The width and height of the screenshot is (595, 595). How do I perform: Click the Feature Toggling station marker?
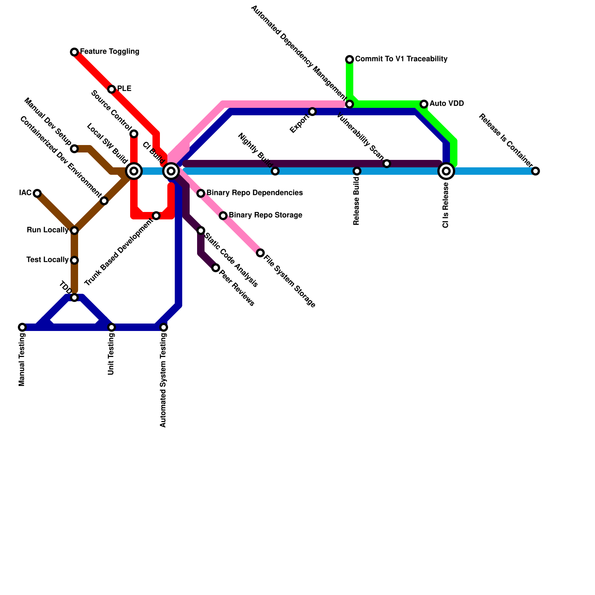(74, 52)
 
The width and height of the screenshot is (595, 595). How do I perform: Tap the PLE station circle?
(112, 89)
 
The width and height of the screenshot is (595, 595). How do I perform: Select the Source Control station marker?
(134, 134)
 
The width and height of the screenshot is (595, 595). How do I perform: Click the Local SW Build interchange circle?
(134, 171)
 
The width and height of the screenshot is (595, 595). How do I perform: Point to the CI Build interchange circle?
(171, 171)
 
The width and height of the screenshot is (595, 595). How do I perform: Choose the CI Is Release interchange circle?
(446, 171)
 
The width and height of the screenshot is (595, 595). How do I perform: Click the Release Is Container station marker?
(535, 171)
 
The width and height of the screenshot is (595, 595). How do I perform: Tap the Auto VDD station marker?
(424, 104)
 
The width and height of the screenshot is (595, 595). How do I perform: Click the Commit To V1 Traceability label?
(401, 59)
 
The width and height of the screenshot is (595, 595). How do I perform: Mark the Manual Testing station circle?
(22, 327)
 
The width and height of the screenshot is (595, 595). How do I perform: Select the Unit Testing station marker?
(112, 327)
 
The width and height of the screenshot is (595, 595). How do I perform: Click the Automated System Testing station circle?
(164, 327)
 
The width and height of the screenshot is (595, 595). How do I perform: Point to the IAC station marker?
(37, 193)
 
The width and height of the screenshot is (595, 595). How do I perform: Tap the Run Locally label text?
(48, 230)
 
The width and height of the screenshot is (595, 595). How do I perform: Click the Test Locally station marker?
(74, 260)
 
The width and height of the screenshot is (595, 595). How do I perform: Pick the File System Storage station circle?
(260, 253)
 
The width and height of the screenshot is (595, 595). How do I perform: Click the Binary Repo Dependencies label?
(254, 193)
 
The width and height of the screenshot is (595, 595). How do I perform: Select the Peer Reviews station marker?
(216, 268)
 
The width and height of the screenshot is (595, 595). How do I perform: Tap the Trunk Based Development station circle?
(156, 216)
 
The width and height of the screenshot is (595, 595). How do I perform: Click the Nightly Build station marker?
(275, 171)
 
